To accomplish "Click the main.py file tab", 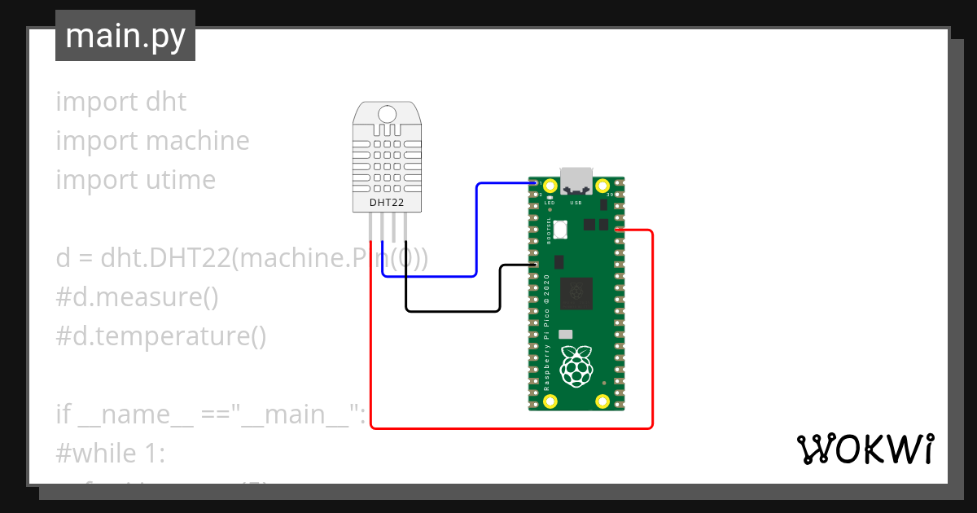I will click(x=125, y=36).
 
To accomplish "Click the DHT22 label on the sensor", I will click(x=387, y=201).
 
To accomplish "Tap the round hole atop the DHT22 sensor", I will click(x=388, y=115).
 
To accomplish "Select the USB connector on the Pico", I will click(x=576, y=177).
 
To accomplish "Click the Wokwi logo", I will click(x=864, y=449).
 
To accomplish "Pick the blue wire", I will click(x=476, y=236).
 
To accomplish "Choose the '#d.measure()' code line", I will click(x=137, y=297).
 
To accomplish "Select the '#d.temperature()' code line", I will click(x=161, y=336).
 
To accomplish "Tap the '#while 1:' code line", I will click(x=111, y=454).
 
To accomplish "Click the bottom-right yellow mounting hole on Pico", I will click(x=603, y=401).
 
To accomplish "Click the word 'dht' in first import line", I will click(x=166, y=102).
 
